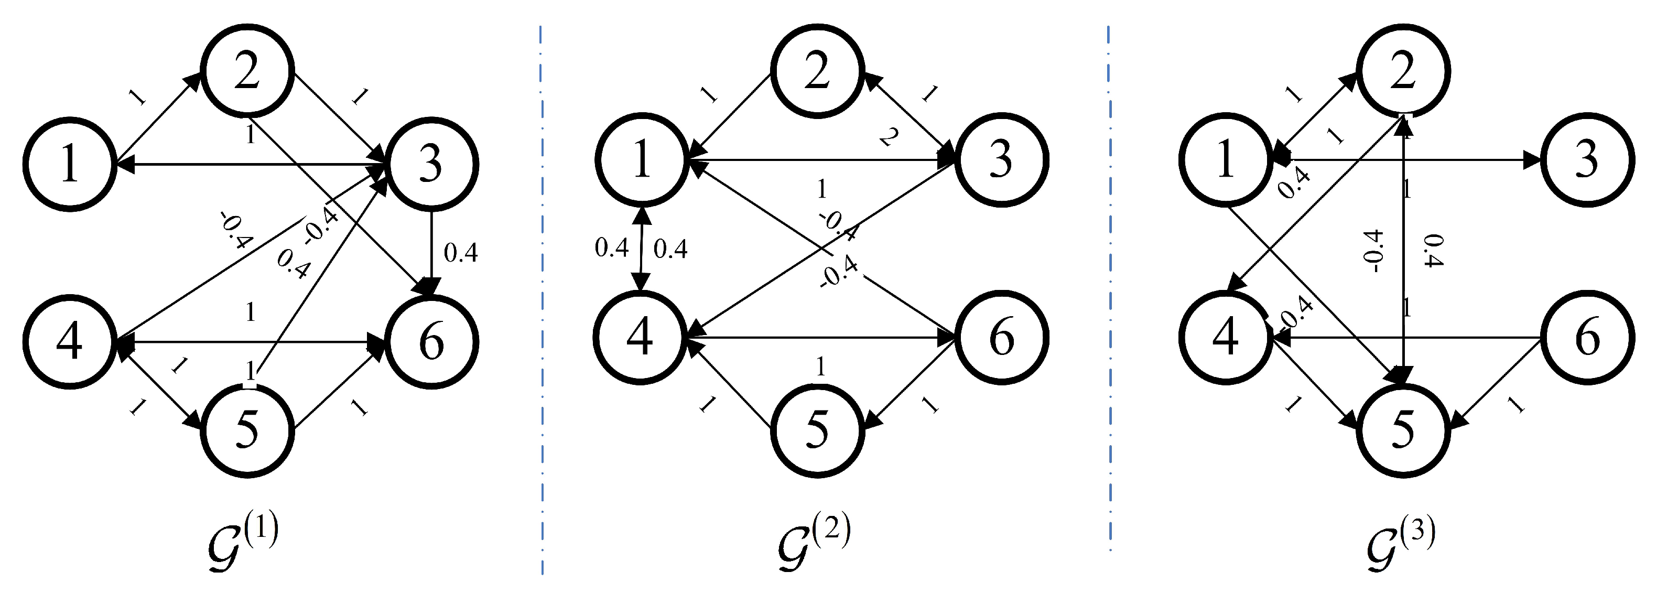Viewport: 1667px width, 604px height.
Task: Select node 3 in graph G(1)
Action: (x=431, y=164)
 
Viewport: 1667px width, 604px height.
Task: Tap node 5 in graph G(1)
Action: (x=248, y=430)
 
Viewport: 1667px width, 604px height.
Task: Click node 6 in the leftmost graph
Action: (x=431, y=342)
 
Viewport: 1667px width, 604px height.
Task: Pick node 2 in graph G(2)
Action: (x=817, y=71)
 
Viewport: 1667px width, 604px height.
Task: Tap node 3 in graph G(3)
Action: (x=1587, y=160)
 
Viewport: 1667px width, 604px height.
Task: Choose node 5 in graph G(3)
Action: (x=1402, y=430)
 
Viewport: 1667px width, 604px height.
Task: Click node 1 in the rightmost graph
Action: (x=1225, y=160)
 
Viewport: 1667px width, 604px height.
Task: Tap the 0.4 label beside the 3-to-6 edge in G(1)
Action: (x=461, y=253)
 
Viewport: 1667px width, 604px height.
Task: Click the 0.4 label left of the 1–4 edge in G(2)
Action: (x=611, y=248)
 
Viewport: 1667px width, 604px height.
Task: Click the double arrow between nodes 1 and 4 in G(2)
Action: (x=641, y=249)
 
